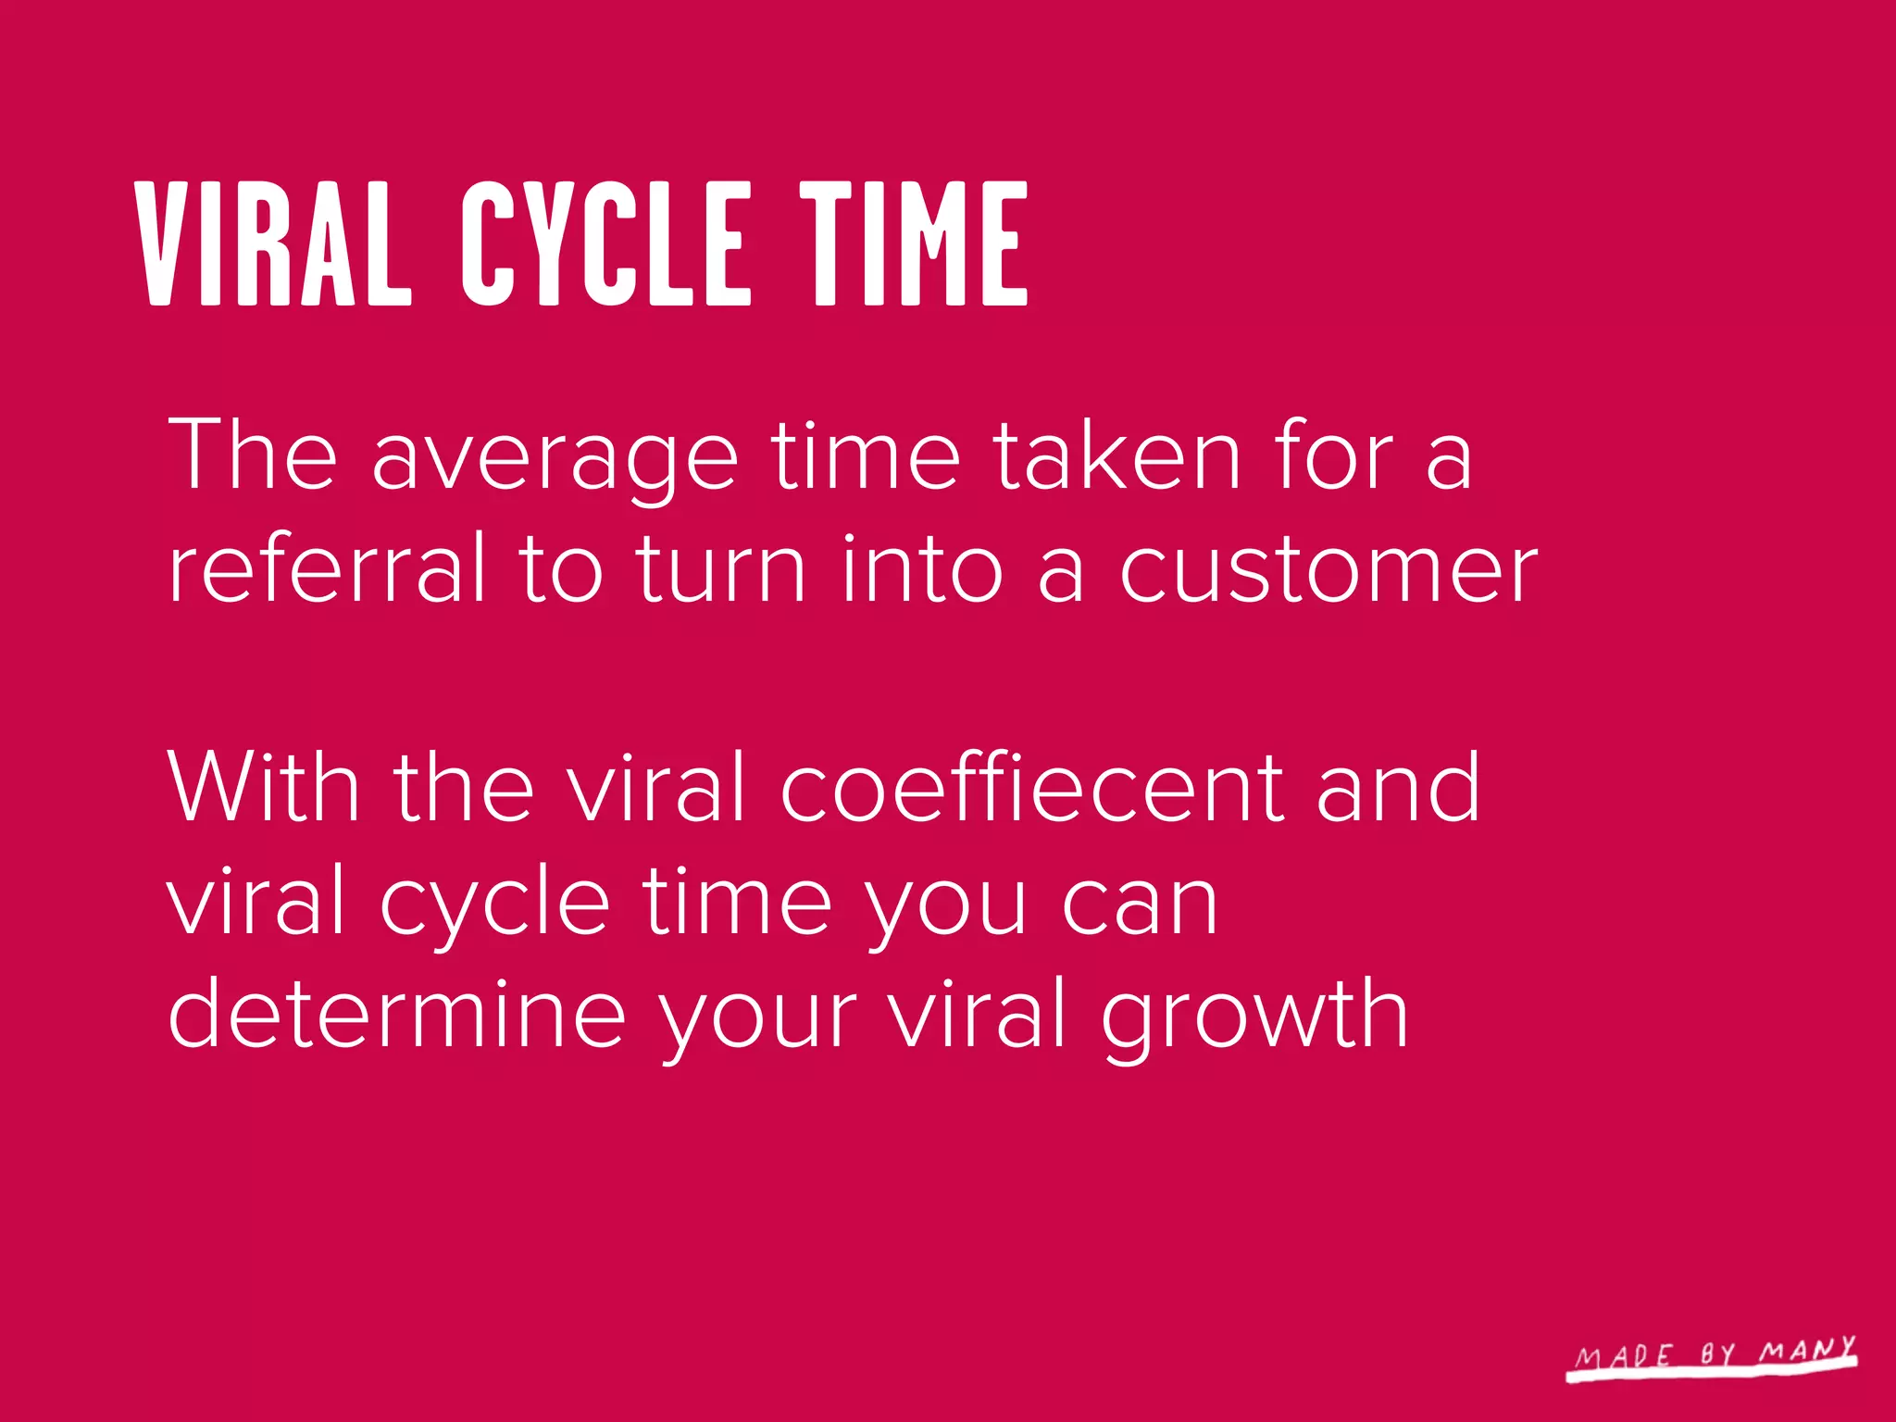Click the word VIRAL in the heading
click(273, 243)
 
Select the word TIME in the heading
click(914, 243)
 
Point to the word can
click(1140, 903)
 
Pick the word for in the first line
click(1333, 455)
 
